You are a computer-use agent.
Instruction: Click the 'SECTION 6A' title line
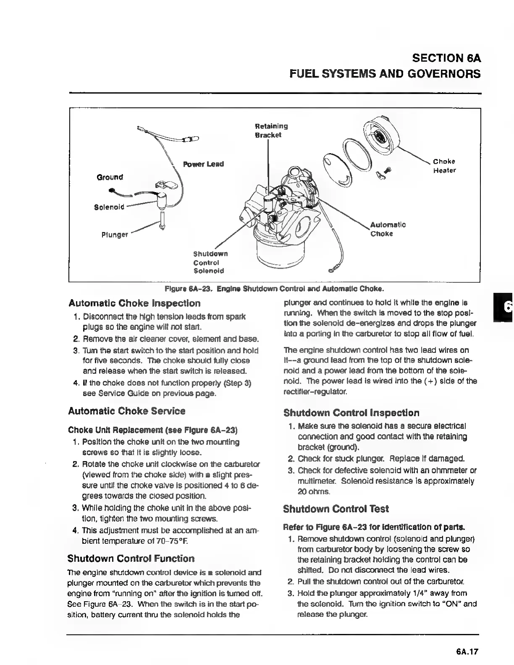[x=446, y=58]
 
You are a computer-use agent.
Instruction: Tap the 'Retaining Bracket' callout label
[x=271, y=130]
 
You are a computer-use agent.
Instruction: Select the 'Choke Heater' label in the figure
[x=444, y=166]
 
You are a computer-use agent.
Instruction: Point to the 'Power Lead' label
[x=204, y=164]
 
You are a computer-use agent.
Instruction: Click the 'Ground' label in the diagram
[x=110, y=177]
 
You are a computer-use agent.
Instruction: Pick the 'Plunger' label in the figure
[x=115, y=235]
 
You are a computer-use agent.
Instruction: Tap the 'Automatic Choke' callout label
[x=388, y=229]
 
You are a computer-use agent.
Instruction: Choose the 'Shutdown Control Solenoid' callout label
[x=210, y=262]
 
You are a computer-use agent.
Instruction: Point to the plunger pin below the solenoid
[x=162, y=221]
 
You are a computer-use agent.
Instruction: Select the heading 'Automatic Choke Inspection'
[x=134, y=303]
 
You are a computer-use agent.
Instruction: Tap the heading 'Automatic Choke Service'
[x=127, y=411]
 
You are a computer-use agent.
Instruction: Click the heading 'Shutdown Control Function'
[x=131, y=559]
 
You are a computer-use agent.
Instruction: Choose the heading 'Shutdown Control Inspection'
[x=351, y=413]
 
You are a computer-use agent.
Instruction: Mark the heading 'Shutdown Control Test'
[x=336, y=509]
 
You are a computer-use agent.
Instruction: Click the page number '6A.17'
[x=467, y=652]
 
